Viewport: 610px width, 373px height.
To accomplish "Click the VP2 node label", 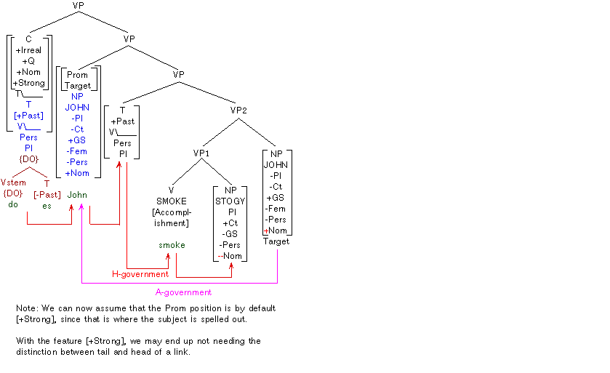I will (240, 111).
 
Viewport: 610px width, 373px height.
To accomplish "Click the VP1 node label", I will (201, 153).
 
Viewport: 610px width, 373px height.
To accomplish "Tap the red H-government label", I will (140, 274).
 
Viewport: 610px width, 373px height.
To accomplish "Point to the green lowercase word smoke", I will (172, 245).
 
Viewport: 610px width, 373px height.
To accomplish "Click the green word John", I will (77, 195).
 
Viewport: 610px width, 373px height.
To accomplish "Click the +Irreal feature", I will (29, 50).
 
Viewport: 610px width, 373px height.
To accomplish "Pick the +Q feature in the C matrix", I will (29, 61).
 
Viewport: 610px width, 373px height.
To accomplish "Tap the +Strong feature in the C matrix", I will (29, 83).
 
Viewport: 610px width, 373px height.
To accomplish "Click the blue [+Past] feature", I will (28, 116).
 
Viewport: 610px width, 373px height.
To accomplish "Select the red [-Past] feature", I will (47, 194).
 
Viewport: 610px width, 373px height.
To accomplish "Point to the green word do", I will (13, 204).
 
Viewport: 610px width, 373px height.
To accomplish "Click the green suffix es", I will (47, 206).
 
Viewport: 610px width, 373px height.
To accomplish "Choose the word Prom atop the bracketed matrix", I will (77, 75).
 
